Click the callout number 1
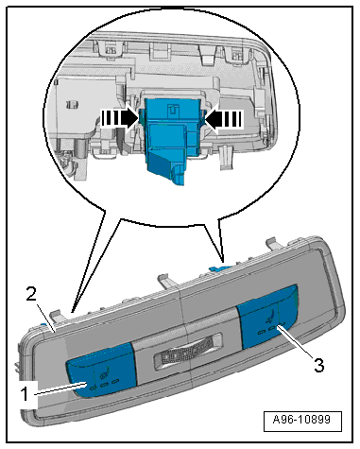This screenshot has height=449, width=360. pyautogui.click(x=25, y=394)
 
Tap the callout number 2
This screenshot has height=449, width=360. pyautogui.click(x=31, y=295)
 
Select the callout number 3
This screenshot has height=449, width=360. pyautogui.click(x=318, y=366)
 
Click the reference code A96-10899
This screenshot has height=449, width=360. pyautogui.click(x=302, y=420)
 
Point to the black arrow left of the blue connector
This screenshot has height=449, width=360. pyautogui.click(x=120, y=119)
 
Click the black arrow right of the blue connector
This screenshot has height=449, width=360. pyautogui.click(x=224, y=119)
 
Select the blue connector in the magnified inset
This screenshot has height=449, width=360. pyautogui.click(x=172, y=140)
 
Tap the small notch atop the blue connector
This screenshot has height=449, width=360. pyautogui.click(x=173, y=109)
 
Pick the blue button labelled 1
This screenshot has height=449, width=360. pyautogui.click(x=101, y=371)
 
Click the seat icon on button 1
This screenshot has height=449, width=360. pyautogui.click(x=103, y=374)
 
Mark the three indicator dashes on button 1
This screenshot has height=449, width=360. pyautogui.click(x=104, y=385)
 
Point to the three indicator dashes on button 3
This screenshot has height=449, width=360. pyautogui.click(x=271, y=328)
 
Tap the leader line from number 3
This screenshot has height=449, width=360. pyautogui.click(x=294, y=342)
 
